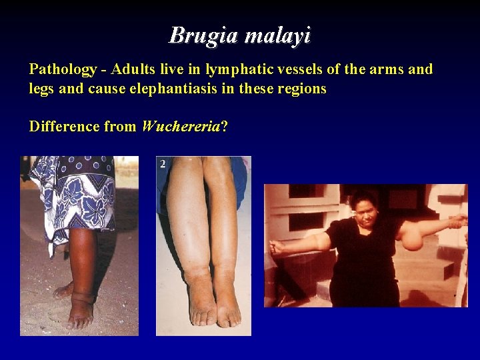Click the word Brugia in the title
pyautogui.click(x=203, y=35)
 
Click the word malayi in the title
pyautogui.click(x=277, y=35)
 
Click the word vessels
pyautogui.click(x=297, y=69)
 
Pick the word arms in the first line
pyautogui.click(x=382, y=69)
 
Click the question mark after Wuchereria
pyautogui.click(x=224, y=126)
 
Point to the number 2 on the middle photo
pyautogui.click(x=163, y=163)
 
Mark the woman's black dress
pyautogui.click(x=363, y=267)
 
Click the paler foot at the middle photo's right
pyautogui.click(x=226, y=303)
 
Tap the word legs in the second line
pyautogui.click(x=42, y=89)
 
